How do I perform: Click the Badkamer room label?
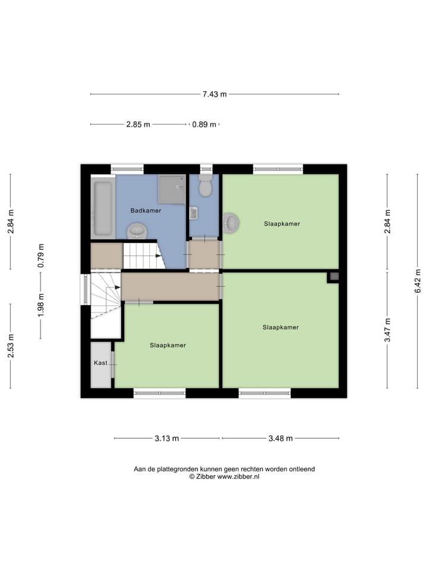pyautogui.click(x=146, y=210)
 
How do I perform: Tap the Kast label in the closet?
pyautogui.click(x=100, y=362)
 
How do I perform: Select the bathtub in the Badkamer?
pyautogui.click(x=103, y=209)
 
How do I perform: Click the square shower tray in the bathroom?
pyautogui.click(x=172, y=189)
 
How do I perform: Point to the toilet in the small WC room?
pyautogui.click(x=206, y=186)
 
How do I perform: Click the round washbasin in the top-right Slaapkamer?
pyautogui.click(x=231, y=223)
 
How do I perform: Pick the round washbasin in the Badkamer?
pyautogui.click(x=137, y=230)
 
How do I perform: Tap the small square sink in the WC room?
pyautogui.click(x=193, y=213)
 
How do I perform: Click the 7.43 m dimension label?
pyautogui.click(x=215, y=94)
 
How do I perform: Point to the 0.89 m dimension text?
pyautogui.click(x=204, y=125)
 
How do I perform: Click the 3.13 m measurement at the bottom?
pyautogui.click(x=166, y=439)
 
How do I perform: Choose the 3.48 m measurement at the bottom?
pyautogui.click(x=281, y=439)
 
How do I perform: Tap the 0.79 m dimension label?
pyautogui.click(x=41, y=256)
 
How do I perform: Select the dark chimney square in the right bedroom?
pyautogui.click(x=333, y=276)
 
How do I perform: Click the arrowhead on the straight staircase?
pyautogui.click(x=159, y=256)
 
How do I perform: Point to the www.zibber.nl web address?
pyautogui.click(x=238, y=476)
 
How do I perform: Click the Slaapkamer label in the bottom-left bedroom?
pyautogui.click(x=168, y=345)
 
